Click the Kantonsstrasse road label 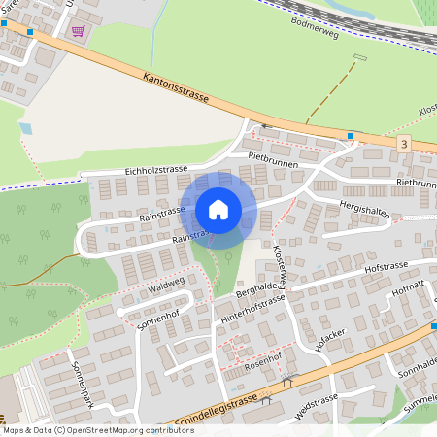click(x=175, y=85)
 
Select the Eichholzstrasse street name click(x=155, y=170)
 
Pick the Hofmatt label click(x=407, y=287)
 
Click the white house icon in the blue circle click(x=218, y=210)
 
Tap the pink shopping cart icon click(x=77, y=31)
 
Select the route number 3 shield click(x=403, y=144)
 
